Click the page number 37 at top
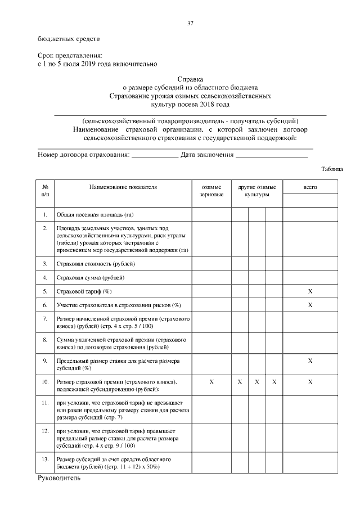pos(190,23)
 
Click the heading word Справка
pos(190,80)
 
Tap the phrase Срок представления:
pos(70,56)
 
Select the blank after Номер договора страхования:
pos(154,155)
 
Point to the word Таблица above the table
pos(332,169)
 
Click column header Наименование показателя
pos(123,186)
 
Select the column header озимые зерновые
pos(211,190)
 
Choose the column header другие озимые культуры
pos(256,190)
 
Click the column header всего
pos(310,186)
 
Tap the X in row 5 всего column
pos(310,291)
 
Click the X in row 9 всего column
pos(310,361)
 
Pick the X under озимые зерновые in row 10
pos(211,382)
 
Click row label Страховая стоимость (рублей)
pos(96,263)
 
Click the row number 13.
pos(45,460)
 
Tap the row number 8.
pos(45,340)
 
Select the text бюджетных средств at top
pos(68,39)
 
